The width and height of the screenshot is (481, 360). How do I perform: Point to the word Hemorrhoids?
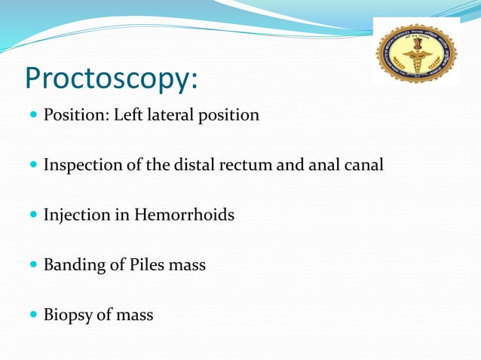click(185, 215)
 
